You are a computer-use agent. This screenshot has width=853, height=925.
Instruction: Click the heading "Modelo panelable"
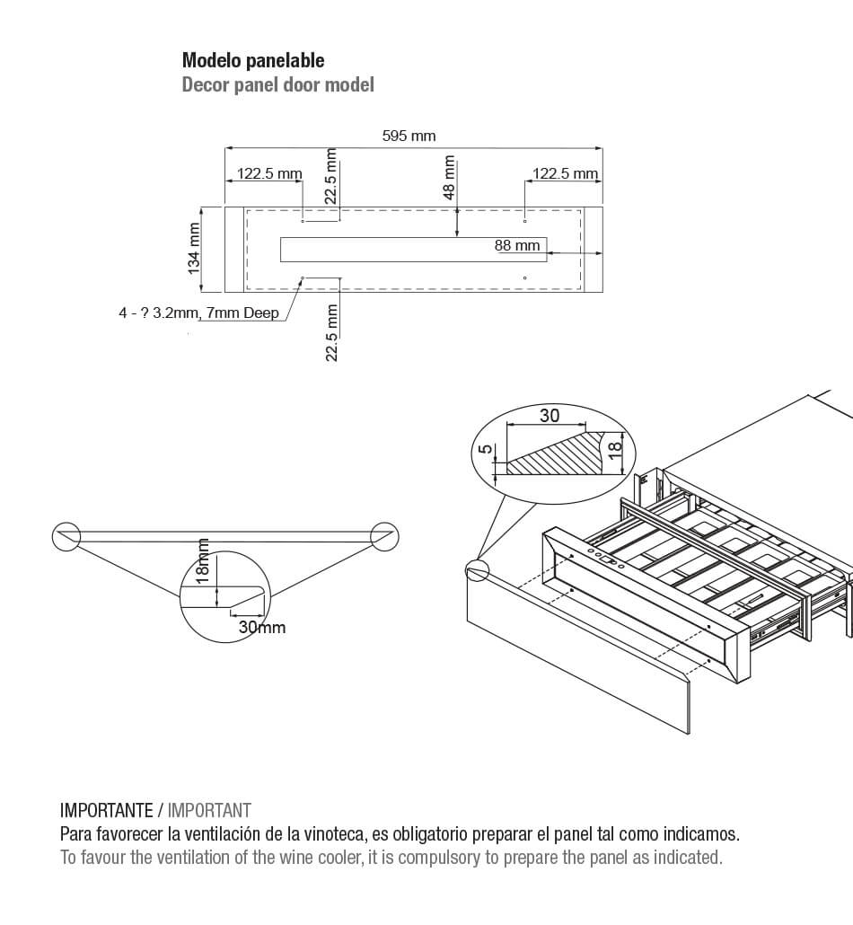253,61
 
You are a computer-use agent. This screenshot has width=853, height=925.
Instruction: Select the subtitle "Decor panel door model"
277,85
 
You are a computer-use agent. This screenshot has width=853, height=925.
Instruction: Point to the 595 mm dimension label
409,137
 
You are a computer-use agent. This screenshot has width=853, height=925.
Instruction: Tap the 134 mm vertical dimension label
194,249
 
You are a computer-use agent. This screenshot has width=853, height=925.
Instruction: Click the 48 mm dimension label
450,179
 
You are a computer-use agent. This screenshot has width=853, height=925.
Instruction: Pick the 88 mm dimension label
517,245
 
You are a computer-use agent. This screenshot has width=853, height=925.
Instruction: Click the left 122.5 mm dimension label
268,174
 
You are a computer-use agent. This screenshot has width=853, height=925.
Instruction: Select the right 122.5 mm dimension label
565,174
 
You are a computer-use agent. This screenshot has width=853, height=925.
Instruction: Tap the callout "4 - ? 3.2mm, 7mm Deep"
198,313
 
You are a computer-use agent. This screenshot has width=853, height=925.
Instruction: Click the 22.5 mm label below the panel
332,332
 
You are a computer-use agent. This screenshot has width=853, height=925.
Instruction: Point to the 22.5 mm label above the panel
332,179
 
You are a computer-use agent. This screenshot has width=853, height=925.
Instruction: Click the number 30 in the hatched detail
549,416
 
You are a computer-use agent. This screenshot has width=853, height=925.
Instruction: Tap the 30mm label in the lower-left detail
261,627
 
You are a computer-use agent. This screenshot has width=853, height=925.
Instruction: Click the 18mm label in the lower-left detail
204,562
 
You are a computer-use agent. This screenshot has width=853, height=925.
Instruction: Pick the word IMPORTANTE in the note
106,810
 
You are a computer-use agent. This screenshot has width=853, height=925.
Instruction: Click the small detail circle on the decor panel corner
476,569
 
